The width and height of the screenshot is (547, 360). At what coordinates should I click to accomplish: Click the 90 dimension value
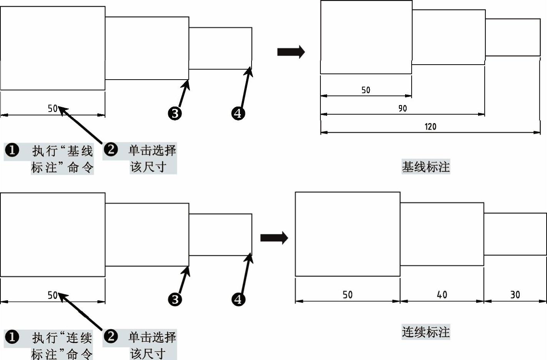click(402, 108)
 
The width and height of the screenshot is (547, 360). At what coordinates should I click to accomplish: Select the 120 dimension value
click(430, 127)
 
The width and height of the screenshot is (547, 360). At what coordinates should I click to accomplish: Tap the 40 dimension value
click(442, 295)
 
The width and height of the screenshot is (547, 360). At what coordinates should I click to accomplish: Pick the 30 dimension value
click(515, 295)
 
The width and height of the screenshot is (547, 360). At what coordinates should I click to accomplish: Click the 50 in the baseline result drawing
click(365, 90)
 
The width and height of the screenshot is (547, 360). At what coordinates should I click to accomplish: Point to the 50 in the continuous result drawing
click(347, 295)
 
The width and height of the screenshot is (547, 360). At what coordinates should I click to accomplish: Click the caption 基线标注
click(426, 167)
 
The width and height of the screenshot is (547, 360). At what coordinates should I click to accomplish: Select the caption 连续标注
click(426, 332)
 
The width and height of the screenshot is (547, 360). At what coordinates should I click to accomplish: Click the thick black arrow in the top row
click(291, 52)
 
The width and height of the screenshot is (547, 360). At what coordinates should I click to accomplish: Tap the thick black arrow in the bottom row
click(274, 238)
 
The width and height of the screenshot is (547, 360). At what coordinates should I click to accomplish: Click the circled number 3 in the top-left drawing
click(175, 113)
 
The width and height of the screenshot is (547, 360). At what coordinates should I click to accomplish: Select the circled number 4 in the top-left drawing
click(238, 113)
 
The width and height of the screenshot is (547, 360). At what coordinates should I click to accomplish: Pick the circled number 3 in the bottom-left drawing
click(175, 299)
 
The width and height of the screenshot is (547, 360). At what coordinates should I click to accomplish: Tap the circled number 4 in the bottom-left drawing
click(238, 299)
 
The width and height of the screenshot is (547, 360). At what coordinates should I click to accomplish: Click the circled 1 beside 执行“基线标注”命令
click(12, 150)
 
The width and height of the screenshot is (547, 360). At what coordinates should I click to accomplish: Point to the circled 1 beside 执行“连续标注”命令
click(12, 337)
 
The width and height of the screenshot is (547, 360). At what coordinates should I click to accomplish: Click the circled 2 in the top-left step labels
click(111, 149)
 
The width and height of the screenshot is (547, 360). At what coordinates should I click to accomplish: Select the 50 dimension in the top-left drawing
click(53, 108)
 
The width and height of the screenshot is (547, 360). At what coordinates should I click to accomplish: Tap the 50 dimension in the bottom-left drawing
click(53, 295)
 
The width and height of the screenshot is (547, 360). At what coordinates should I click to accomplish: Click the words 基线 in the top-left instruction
click(80, 151)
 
